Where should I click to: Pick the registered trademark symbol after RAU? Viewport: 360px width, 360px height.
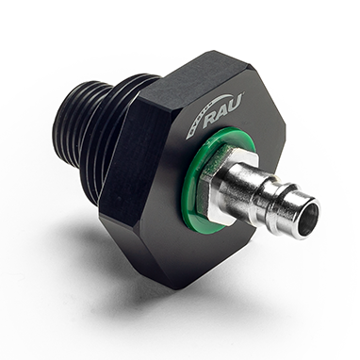pos(242,97)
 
